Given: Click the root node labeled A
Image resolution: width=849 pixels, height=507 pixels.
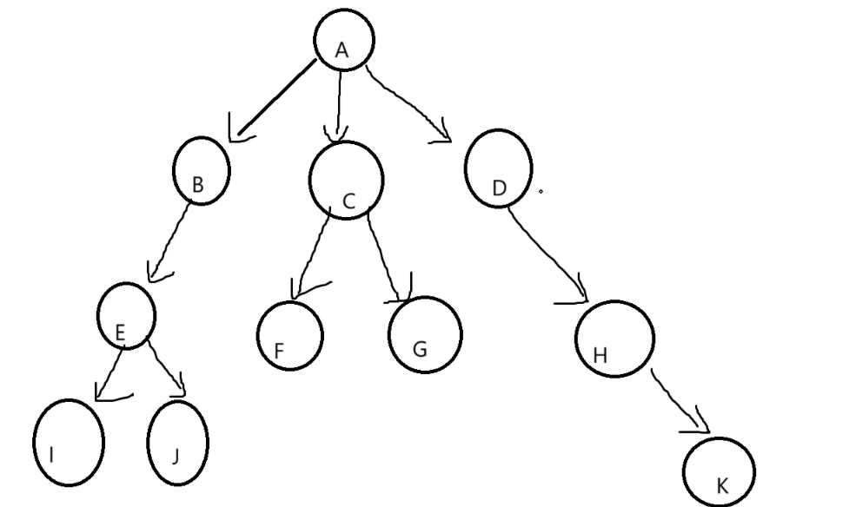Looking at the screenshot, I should (344, 40).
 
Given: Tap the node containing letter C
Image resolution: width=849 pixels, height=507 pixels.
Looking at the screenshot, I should (346, 180).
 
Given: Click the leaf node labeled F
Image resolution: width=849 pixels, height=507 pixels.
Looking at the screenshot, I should (290, 335).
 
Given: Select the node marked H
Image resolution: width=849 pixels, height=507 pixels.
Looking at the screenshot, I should (614, 338).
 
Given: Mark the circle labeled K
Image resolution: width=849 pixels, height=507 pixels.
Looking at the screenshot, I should (719, 472).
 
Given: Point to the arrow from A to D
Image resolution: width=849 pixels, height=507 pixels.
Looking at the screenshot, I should (408, 104).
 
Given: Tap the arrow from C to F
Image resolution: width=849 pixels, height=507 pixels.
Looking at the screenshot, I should (313, 252).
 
